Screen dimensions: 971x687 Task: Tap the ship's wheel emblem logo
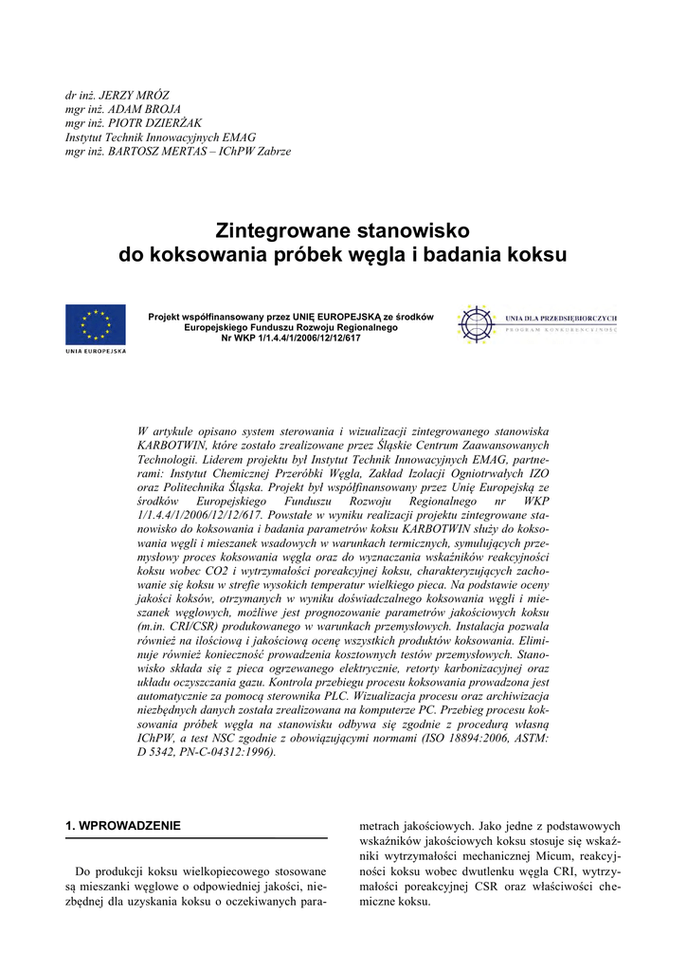point(477,324)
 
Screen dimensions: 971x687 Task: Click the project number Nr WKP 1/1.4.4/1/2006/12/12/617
point(291,338)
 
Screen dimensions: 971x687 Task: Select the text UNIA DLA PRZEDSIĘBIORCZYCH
point(562,318)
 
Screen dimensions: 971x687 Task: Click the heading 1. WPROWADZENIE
point(122,826)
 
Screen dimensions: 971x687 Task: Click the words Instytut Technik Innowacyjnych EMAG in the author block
point(154,137)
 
